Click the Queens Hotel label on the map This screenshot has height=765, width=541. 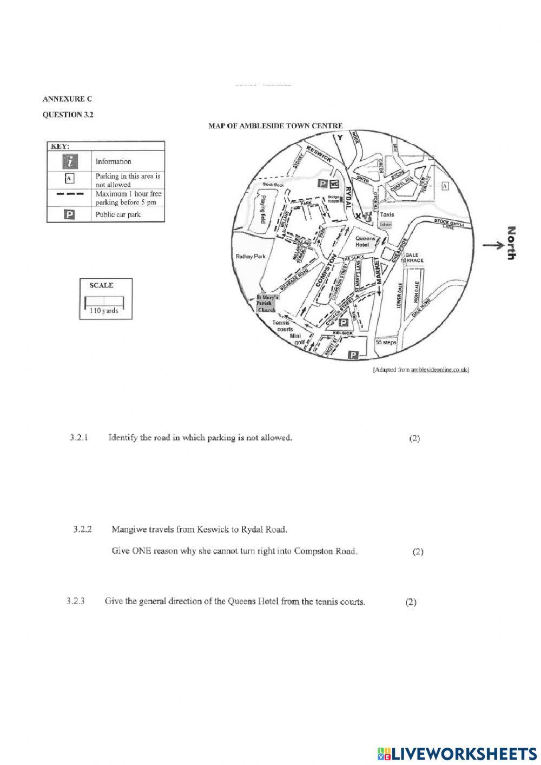tap(365, 241)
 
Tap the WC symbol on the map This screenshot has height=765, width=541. tap(334, 184)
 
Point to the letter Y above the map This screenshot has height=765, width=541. tap(340, 138)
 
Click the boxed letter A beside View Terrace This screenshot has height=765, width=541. tap(445, 186)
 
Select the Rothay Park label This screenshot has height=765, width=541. tap(250, 257)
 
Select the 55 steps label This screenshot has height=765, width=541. tap(386, 342)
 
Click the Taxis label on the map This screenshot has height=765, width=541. tap(387, 214)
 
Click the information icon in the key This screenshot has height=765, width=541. tap(69, 161)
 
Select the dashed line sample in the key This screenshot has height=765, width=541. tap(69, 194)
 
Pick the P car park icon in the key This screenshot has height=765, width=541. tap(69, 214)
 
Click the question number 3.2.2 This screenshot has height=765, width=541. tap(83, 529)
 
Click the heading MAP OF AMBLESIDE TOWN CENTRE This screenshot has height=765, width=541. tap(275, 126)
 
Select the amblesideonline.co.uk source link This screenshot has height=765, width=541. tap(439, 370)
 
